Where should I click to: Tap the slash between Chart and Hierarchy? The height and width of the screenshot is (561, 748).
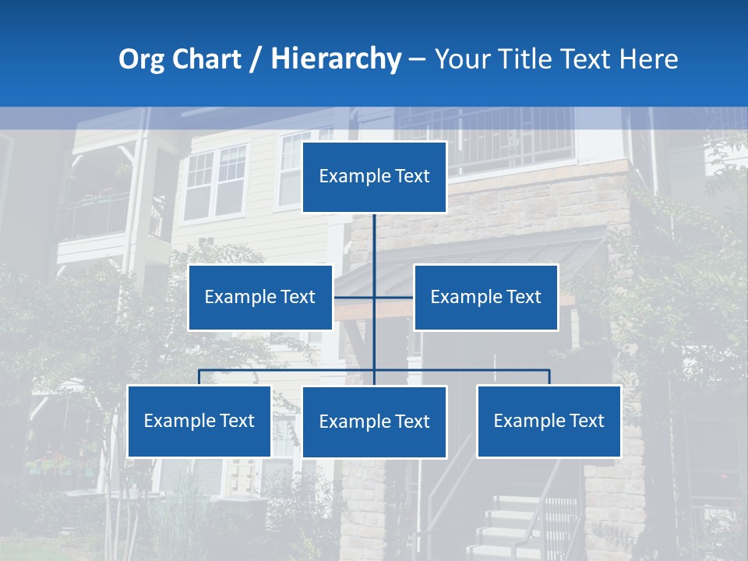coord(256,60)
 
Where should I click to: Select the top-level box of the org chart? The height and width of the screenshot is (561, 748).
coord(374,177)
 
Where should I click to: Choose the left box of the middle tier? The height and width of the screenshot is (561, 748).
coord(259,297)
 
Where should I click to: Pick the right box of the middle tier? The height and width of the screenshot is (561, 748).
coord(485,297)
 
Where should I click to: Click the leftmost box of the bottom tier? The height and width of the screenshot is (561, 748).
coord(199,421)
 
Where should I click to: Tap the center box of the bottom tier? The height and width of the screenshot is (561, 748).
coord(374,422)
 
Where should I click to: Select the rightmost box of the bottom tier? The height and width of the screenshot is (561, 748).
coord(549,421)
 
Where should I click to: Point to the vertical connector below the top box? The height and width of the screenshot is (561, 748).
coord(374,242)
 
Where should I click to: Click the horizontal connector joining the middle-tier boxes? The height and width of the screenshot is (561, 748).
coord(393,297)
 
